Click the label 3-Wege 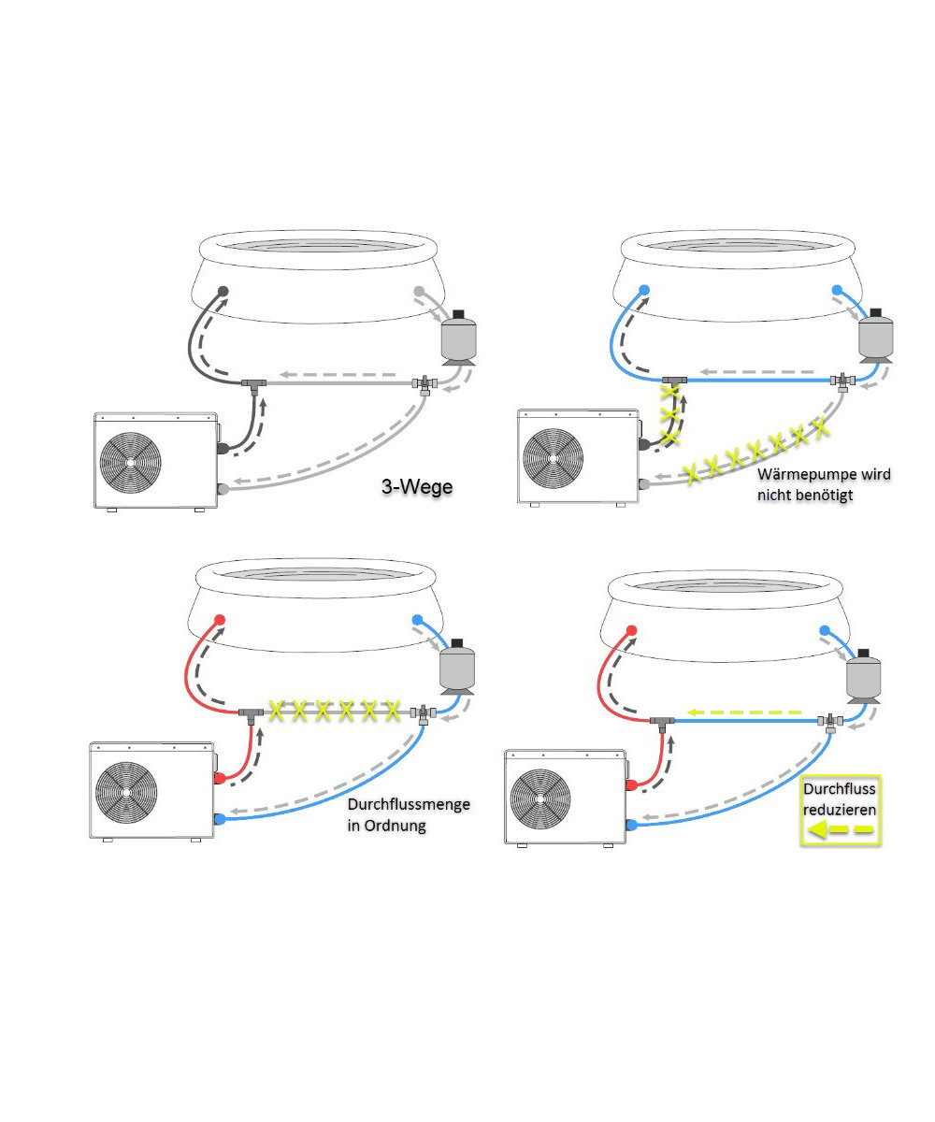click(416, 486)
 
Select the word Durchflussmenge click(409, 804)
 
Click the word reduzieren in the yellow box click(840, 810)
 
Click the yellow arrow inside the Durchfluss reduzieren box click(840, 829)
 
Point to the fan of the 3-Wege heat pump click(131, 462)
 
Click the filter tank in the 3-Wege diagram click(458, 338)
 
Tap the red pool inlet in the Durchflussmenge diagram click(219, 620)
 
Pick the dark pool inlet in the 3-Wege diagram click(223, 291)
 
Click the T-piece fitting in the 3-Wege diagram click(253, 385)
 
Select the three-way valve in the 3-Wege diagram click(424, 384)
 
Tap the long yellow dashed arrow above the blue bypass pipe click(745, 712)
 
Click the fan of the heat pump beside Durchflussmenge click(126, 792)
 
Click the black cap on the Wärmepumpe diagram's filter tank click(876, 312)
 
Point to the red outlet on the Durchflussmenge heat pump click(219, 778)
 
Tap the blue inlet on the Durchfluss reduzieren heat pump click(632, 825)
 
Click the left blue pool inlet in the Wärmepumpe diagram click(645, 290)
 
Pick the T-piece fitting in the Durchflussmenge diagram click(251, 714)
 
